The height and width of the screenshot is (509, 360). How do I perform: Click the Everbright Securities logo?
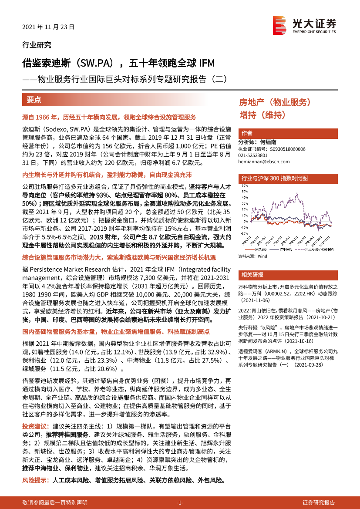pos(304,24)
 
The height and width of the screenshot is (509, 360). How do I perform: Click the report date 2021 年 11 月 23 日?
pos(48,27)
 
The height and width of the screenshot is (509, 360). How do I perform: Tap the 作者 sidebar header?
pos(247,133)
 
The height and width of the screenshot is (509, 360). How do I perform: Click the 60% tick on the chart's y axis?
pos(243,185)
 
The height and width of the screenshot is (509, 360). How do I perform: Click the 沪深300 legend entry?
pos(261,249)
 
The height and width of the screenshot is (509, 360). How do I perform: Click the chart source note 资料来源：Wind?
pos(252,257)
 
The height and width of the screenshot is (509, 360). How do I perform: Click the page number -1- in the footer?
pos(180,502)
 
